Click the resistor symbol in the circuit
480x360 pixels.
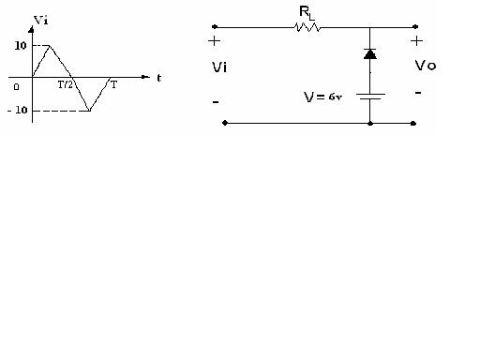[307, 28]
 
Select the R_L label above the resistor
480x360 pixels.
[307, 11]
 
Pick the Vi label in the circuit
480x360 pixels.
[219, 68]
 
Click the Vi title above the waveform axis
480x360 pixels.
[40, 19]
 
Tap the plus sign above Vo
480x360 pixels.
[416, 41]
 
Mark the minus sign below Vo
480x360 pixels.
[417, 93]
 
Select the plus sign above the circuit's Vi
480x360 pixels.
[215, 41]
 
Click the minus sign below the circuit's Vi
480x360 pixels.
[217, 98]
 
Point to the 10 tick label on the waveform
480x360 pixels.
[20, 45]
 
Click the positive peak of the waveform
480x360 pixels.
[50, 45]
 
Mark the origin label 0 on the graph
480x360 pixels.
[16, 86]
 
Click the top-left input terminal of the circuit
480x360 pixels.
[215, 28]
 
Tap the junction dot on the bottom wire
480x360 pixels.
[370, 123]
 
